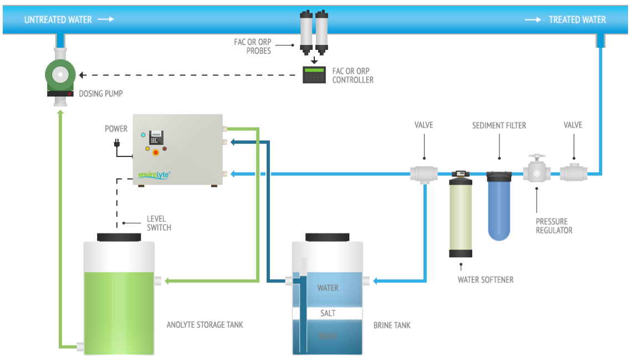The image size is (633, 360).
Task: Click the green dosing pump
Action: (60, 75)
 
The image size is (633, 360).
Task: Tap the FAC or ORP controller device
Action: (314, 75)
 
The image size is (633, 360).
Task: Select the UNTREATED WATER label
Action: (58, 20)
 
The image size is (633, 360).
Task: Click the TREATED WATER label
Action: (577, 20)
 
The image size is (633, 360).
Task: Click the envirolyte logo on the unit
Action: (154, 175)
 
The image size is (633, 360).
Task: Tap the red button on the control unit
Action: (156, 151)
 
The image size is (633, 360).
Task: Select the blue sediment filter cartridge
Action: (499, 206)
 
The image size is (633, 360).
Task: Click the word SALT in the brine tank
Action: (328, 313)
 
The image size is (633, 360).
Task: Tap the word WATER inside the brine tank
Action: (328, 288)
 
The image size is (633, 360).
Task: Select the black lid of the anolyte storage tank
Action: (119, 237)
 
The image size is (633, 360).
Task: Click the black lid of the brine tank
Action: (327, 237)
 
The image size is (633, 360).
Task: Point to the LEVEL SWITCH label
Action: (159, 223)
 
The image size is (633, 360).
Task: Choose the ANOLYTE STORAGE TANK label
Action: (205, 324)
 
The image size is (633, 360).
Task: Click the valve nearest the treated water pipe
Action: (573, 174)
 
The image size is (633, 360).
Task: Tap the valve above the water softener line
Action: (424, 174)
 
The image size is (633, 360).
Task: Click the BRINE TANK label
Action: (392, 325)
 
